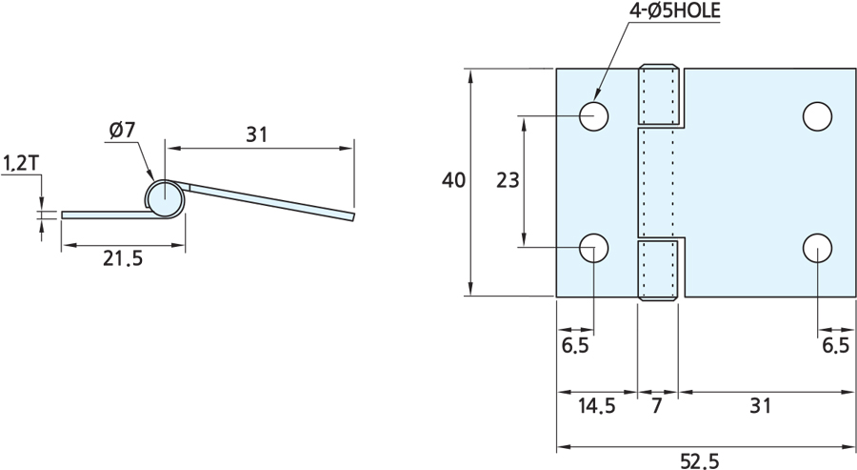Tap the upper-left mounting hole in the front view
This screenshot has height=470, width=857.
click(x=595, y=115)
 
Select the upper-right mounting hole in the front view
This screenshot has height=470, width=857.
click(x=816, y=115)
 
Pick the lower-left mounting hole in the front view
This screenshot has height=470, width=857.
click(x=595, y=248)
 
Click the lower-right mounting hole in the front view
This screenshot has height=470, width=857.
click(x=816, y=248)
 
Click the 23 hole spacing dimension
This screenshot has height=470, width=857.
click(x=508, y=180)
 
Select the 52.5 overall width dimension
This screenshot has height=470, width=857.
click(x=700, y=460)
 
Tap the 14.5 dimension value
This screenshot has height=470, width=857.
click(x=596, y=406)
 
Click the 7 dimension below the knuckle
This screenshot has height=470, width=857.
click(x=658, y=406)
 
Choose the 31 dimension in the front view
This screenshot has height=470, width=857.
click(x=758, y=406)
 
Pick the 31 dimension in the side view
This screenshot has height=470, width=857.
click(x=256, y=134)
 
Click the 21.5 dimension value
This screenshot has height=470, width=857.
click(x=122, y=259)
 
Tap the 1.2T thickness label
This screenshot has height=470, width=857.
click(x=20, y=163)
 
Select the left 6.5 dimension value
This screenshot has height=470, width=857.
click(x=575, y=345)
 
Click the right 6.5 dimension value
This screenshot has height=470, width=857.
click(x=834, y=345)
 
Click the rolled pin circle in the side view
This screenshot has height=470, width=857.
click(x=165, y=198)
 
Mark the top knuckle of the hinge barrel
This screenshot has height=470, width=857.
click(x=659, y=95)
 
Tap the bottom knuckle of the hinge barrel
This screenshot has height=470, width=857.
click(x=659, y=271)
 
